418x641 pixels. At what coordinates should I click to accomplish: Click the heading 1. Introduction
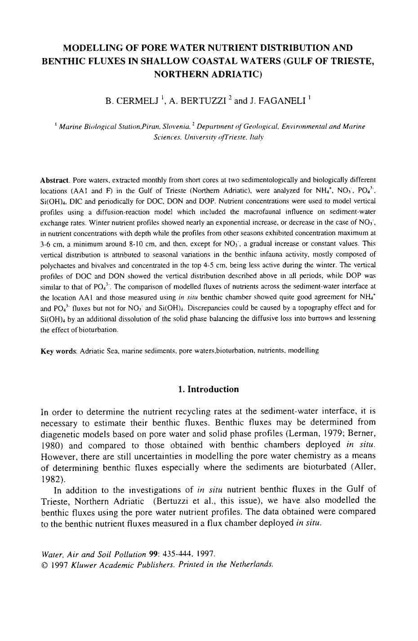pos(209,390)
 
